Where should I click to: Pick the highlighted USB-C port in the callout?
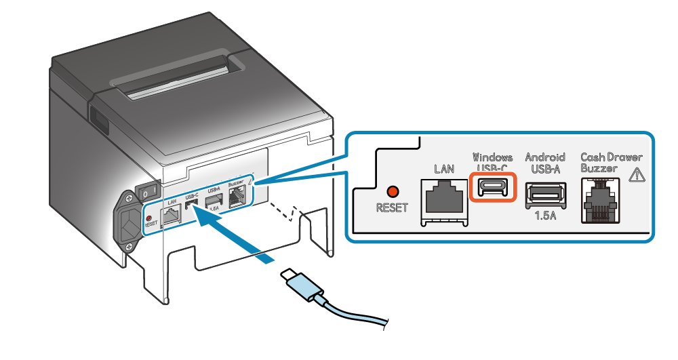494,186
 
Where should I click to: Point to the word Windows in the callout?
493,157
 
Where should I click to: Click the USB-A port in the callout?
546,193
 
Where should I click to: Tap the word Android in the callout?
546,157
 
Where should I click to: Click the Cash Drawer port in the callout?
599,201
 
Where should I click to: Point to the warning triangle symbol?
637,174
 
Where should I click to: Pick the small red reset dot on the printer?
149,218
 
